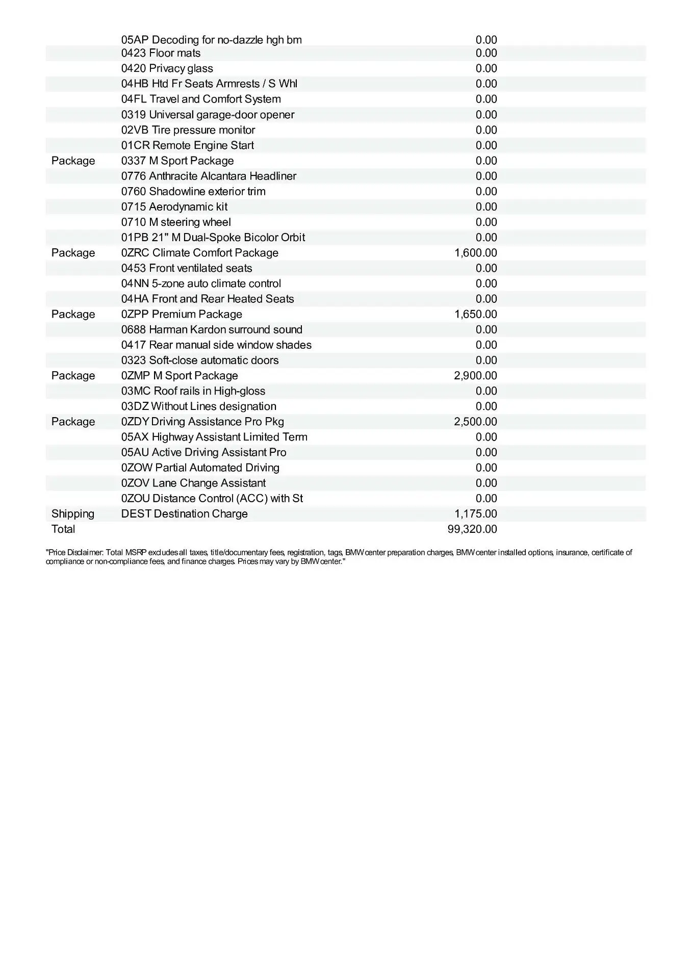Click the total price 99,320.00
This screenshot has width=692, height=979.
472,529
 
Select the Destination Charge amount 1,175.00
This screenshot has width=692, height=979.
475,514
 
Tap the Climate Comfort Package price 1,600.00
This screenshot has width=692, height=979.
475,253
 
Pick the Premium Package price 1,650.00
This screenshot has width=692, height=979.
475,314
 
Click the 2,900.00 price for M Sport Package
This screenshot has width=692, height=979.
475,376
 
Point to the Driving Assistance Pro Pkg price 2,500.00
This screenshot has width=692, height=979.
475,422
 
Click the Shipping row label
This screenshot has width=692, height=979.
73,514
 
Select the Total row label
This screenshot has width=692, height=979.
63,529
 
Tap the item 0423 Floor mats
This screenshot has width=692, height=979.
161,53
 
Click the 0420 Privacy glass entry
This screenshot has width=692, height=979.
167,68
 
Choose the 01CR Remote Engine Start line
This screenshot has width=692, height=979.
187,145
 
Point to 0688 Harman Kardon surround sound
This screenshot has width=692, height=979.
212,329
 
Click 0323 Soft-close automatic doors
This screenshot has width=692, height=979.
200,360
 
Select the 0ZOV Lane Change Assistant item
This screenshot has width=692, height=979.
193,483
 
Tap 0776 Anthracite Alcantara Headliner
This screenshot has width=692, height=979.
209,176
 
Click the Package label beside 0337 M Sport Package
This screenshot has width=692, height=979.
73,161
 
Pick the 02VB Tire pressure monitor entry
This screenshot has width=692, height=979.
188,130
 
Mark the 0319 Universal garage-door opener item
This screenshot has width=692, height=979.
208,115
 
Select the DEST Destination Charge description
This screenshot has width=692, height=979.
184,514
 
